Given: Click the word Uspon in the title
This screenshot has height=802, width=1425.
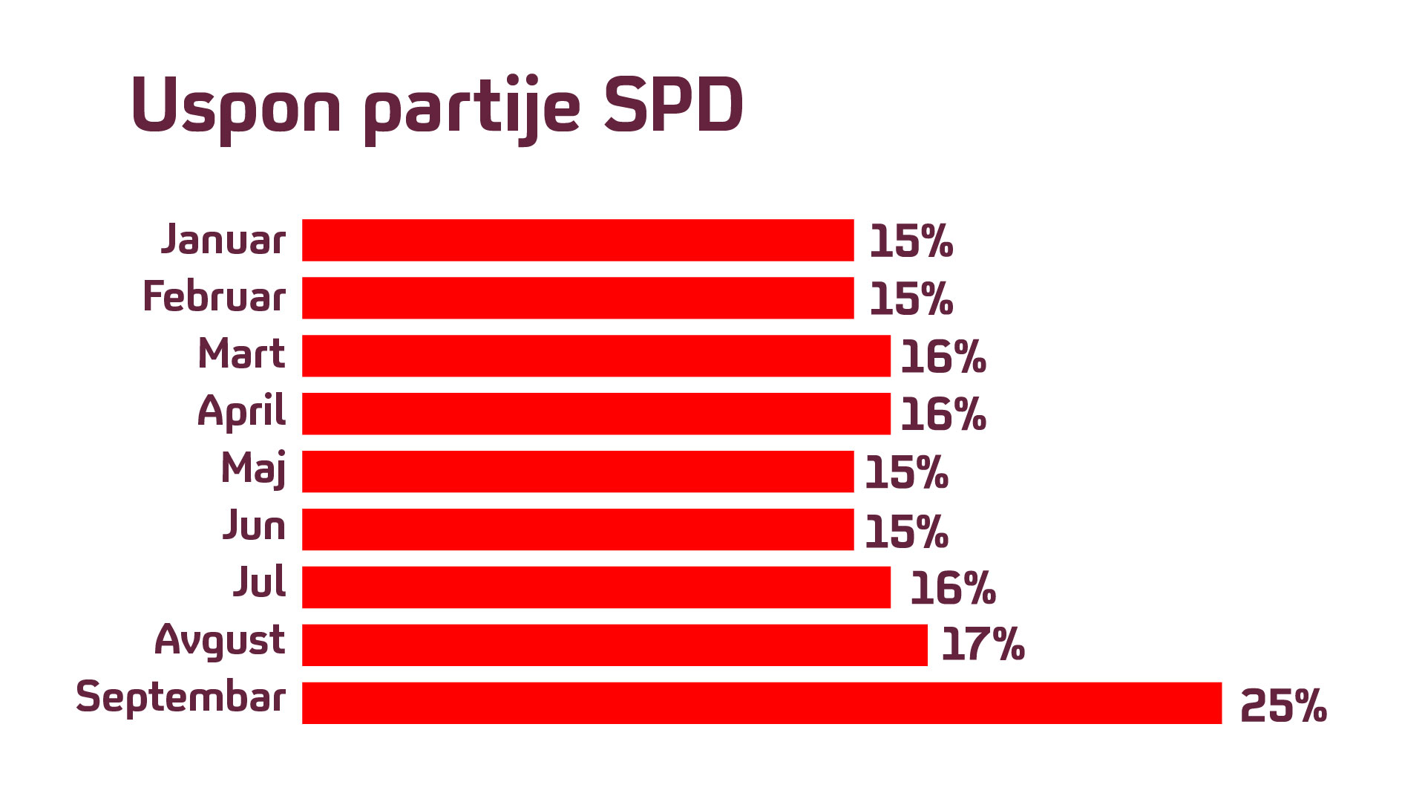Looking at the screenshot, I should (236, 106).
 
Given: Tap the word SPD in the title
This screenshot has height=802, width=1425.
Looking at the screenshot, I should (672, 105).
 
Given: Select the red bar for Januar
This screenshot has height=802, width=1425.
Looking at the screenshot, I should (577, 241).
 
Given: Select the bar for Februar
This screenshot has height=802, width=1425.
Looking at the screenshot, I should (577, 299).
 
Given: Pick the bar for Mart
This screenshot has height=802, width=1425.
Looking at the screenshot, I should (596, 356).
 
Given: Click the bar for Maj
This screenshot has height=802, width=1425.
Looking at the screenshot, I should (577, 472).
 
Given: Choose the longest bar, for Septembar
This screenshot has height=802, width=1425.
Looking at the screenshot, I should (761, 703).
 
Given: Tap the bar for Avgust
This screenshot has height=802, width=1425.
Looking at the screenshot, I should (615, 645).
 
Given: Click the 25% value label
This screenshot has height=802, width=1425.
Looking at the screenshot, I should (1283, 705).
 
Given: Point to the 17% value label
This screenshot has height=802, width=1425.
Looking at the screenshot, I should (983, 645).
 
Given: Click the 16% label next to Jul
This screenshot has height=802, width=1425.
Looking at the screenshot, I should (952, 589).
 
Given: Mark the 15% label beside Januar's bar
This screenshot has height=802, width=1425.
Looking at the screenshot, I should (911, 242).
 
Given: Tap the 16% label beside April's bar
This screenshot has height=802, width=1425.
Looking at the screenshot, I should (943, 415).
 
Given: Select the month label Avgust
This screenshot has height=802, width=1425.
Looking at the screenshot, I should (220, 640).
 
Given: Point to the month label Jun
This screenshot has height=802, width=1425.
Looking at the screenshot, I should (254, 526).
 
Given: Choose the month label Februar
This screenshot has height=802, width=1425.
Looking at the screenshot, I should (214, 297).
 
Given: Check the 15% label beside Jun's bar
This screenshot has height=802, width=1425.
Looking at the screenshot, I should (906, 532).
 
